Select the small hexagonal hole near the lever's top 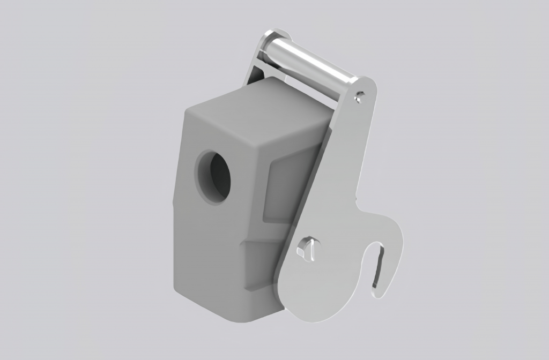pos(360,96)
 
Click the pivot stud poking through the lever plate pos(306,247)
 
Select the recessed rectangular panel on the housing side pos(290,187)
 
